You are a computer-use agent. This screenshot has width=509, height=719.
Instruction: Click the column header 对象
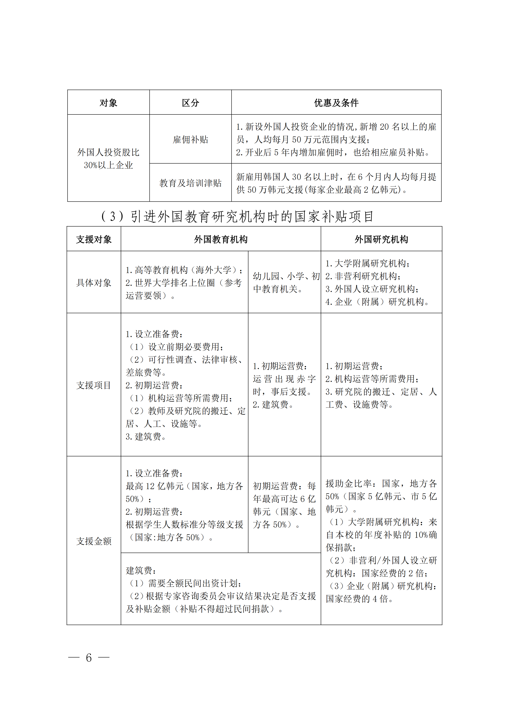point(108,103)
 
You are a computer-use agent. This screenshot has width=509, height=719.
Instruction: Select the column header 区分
point(190,103)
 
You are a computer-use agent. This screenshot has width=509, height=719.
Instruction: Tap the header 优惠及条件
point(336,103)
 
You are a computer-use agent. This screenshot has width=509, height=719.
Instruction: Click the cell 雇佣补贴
point(190,139)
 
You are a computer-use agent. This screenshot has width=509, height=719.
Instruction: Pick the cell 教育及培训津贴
point(190,183)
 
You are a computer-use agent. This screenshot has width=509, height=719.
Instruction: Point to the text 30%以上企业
point(108,165)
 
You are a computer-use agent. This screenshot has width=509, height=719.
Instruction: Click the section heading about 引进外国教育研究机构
point(237,216)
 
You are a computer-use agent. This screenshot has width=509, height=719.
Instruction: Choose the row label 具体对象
point(94,283)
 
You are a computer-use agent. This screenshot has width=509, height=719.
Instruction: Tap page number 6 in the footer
point(89,658)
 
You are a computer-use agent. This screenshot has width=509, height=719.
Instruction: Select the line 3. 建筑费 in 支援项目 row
point(146,436)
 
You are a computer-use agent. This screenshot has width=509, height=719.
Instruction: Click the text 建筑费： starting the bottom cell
point(141,570)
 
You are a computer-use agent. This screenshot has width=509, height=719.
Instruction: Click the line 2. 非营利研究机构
point(363,276)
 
